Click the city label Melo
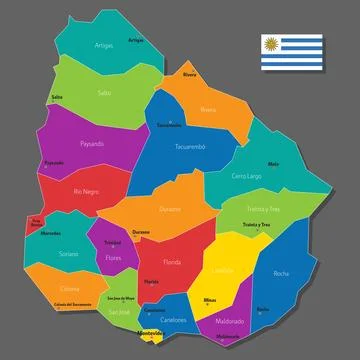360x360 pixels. (272, 164)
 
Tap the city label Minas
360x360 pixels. (209, 299)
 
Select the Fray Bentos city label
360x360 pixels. (36, 222)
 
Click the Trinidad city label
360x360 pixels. (113, 242)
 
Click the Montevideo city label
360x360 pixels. (150, 331)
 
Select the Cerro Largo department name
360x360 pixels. (246, 176)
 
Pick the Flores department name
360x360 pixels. (113, 258)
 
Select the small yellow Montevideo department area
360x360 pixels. (150, 338)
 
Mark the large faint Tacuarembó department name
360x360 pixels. (190, 147)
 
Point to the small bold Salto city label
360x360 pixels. (57, 97)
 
